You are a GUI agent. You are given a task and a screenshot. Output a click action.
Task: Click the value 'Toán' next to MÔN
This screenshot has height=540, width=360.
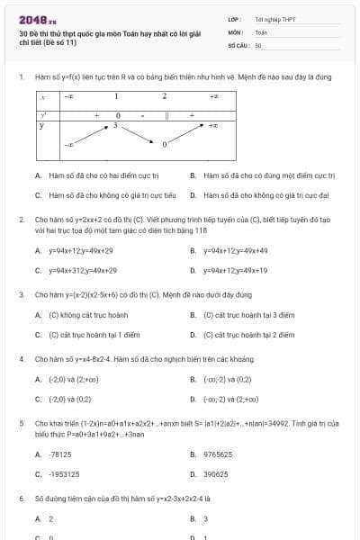click(261, 31)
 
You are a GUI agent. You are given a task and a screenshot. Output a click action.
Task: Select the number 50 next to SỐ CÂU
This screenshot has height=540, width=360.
click(258, 44)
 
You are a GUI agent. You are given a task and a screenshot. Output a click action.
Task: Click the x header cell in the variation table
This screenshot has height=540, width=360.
click(42, 95)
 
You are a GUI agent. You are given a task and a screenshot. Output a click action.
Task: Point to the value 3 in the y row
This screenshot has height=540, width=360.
click(115, 126)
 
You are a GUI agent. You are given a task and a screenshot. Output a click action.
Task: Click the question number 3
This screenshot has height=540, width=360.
click(21, 294)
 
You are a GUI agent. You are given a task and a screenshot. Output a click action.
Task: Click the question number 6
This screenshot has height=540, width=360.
click(21, 498)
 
